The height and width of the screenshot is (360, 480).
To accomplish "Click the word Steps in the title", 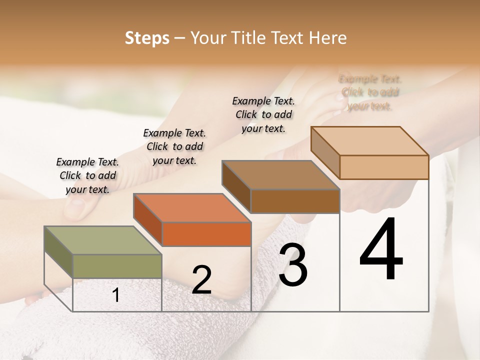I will (x=147, y=38).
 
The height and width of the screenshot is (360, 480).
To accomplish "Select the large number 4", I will (x=381, y=250).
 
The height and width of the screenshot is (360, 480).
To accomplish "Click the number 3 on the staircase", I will (x=293, y=264).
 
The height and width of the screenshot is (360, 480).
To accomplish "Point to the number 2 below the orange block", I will (x=201, y=280).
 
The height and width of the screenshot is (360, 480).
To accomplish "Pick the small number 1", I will (x=116, y=295).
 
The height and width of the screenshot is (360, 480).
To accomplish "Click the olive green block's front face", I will (x=117, y=266).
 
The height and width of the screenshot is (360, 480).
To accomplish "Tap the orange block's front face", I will (x=206, y=234).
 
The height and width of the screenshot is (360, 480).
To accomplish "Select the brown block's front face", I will (x=295, y=201).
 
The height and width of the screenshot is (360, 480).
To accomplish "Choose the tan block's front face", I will (x=384, y=167).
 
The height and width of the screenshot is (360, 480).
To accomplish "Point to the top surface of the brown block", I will (x=280, y=174).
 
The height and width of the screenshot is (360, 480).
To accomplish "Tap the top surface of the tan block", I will (x=369, y=140).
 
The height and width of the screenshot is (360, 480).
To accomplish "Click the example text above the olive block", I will (x=88, y=176).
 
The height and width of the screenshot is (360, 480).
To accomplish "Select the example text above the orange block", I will (x=174, y=146).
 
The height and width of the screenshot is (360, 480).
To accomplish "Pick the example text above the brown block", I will (x=263, y=114).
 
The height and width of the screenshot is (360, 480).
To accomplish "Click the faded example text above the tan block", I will (x=370, y=92).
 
